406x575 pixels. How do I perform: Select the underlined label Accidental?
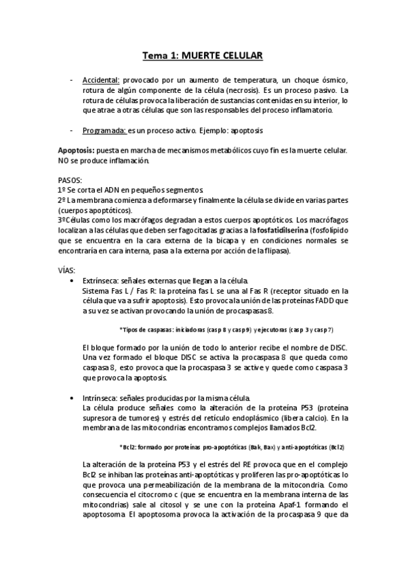(x=100, y=80)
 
